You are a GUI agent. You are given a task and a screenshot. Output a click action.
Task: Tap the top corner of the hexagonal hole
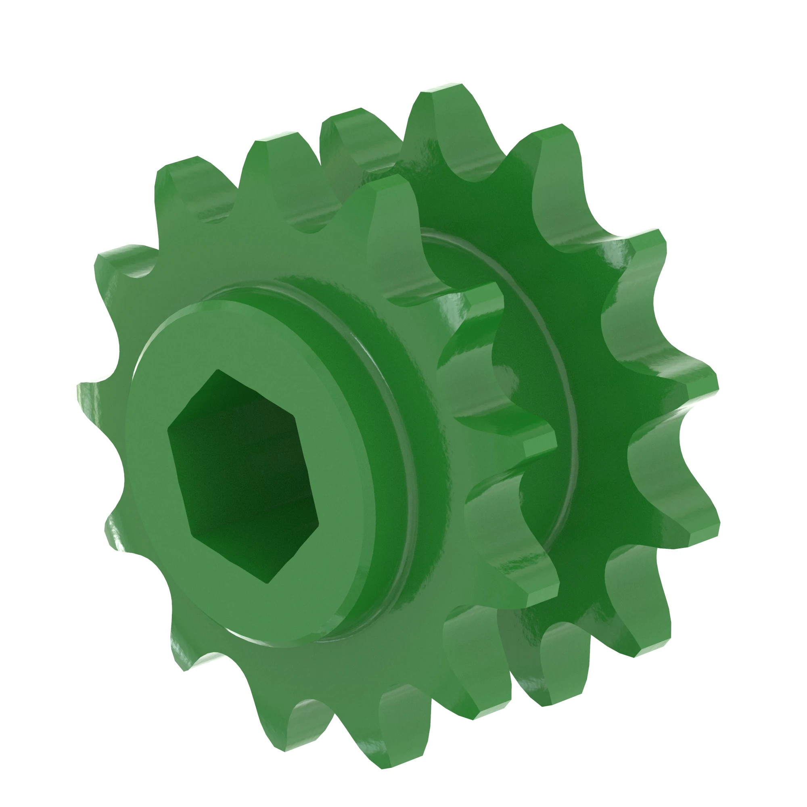point(219,370)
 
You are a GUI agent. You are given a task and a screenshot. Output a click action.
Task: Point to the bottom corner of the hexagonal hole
point(268,583)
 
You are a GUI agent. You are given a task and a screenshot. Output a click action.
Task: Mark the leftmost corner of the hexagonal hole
point(168,428)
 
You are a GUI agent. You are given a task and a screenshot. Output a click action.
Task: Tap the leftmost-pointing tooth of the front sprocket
point(90,397)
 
